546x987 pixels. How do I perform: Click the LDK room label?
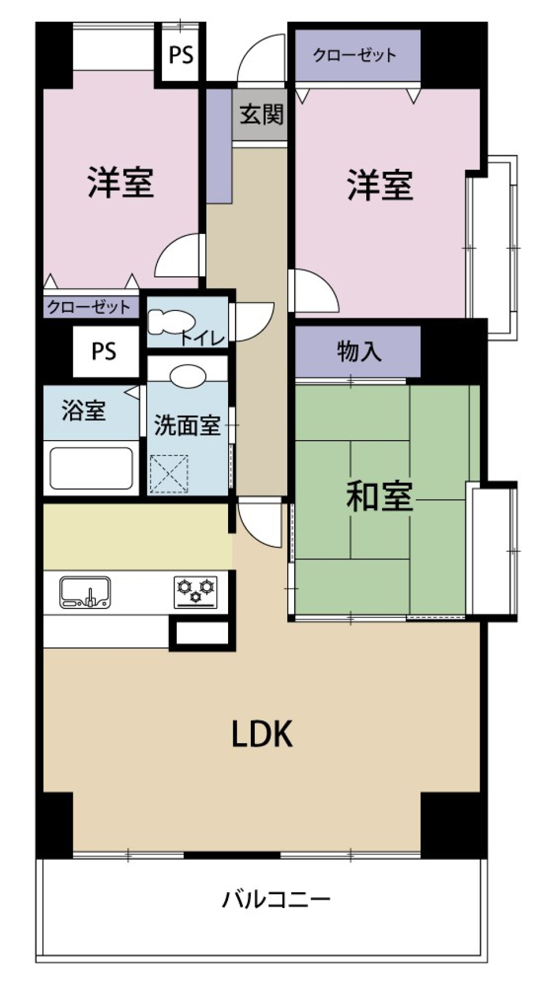(x=262, y=733)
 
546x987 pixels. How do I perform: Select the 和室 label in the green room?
(x=379, y=496)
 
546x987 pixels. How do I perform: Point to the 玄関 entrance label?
(x=261, y=115)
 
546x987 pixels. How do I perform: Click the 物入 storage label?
(x=358, y=351)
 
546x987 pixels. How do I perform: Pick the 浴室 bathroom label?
(x=84, y=410)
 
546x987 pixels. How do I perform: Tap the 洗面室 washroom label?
(x=187, y=425)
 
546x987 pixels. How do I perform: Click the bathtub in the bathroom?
(x=91, y=468)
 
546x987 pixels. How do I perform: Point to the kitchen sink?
(x=85, y=592)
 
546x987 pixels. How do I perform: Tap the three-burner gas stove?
(x=196, y=591)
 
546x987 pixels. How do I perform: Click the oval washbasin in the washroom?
(x=188, y=376)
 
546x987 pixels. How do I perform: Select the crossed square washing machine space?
(x=169, y=474)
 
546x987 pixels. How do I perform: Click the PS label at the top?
(x=181, y=55)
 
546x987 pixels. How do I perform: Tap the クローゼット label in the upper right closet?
(x=355, y=55)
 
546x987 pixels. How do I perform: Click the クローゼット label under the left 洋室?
(x=89, y=308)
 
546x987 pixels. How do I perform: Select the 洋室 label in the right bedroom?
(x=379, y=185)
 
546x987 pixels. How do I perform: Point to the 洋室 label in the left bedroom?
(x=121, y=182)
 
